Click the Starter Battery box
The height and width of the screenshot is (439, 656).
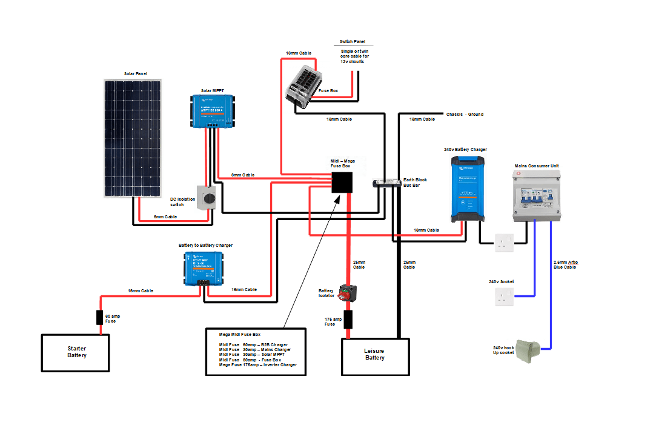coord(76,352)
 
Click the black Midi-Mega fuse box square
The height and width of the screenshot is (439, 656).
coord(342,182)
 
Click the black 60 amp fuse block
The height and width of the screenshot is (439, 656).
coord(101,318)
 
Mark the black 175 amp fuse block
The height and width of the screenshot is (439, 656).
coord(348,320)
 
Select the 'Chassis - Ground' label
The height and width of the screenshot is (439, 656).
coord(465,114)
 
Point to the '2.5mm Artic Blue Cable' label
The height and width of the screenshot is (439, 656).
coord(566,264)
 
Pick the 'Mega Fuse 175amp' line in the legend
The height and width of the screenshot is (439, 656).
coord(258,365)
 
